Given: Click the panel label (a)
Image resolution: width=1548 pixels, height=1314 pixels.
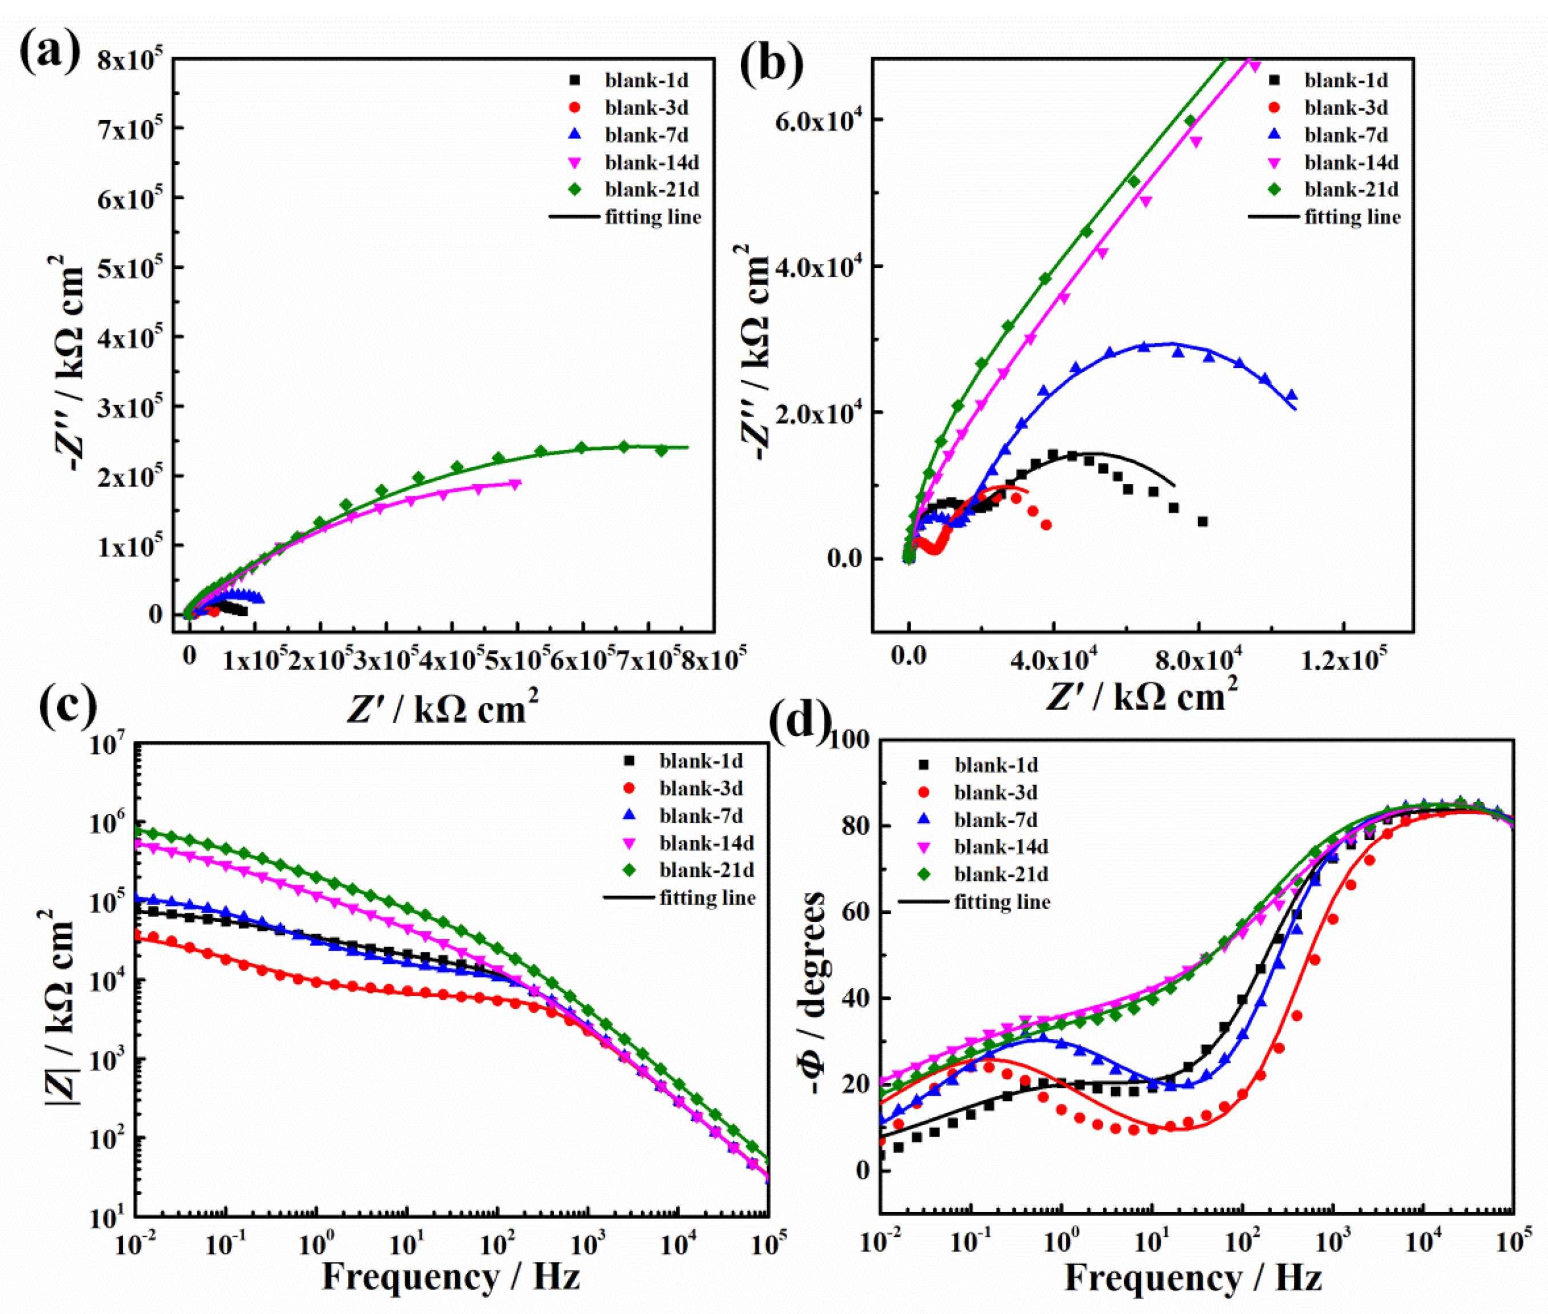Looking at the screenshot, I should click(50, 54).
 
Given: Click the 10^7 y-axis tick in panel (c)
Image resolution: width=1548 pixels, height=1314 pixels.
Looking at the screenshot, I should click(108, 745).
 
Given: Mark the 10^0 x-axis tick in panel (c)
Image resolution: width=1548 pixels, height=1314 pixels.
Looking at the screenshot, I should click(317, 1245).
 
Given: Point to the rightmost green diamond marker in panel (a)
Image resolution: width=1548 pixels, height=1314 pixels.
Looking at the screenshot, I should click(661, 450).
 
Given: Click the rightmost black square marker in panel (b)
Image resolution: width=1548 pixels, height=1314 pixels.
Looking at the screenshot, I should click(1202, 521).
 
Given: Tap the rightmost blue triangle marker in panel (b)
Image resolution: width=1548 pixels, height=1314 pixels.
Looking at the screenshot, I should click(1291, 395).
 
